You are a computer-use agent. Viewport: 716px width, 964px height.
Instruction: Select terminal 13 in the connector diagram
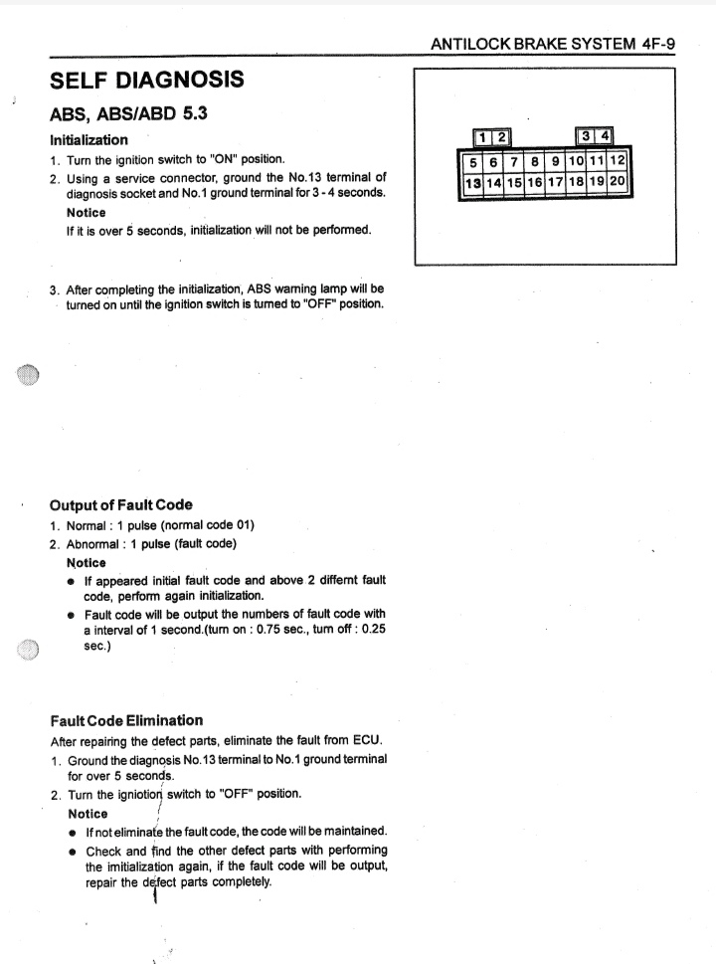click(x=473, y=182)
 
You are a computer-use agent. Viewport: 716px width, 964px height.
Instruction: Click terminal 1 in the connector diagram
click(x=482, y=137)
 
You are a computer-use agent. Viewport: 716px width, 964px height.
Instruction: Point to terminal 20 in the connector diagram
click(x=617, y=182)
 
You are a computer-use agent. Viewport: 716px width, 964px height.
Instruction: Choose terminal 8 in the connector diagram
click(x=535, y=161)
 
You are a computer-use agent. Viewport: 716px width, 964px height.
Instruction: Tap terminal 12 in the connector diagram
click(x=618, y=161)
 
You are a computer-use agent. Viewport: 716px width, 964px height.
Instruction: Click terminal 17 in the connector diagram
click(x=555, y=182)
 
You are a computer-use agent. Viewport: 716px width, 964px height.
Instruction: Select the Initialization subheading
click(x=89, y=140)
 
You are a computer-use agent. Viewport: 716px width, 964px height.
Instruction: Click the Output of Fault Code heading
click(x=121, y=504)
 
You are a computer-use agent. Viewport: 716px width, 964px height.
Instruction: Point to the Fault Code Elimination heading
click(x=126, y=720)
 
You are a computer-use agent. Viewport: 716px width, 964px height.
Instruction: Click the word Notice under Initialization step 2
click(x=87, y=213)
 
